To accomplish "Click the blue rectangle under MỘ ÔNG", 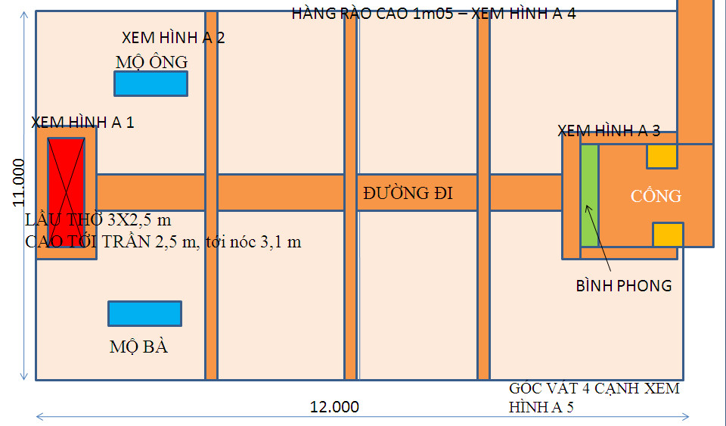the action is click(150, 83).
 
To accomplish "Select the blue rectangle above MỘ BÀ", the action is click(144, 313).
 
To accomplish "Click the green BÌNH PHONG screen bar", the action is click(589, 194).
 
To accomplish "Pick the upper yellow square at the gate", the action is click(661, 156).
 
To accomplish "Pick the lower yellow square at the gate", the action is click(668, 235).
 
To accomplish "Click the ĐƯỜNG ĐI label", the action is click(408, 193).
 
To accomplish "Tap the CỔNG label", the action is click(656, 196).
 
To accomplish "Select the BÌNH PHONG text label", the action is click(623, 286).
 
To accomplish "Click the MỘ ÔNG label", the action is click(151, 61).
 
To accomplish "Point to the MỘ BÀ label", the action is click(138, 347).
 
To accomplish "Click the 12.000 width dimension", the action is click(334, 407).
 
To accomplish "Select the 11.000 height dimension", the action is click(18, 182).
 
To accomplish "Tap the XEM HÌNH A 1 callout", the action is click(82, 122).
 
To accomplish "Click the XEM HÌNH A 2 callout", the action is click(173, 37).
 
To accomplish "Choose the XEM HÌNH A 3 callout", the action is click(608, 130).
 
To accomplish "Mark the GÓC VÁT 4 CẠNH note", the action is click(594, 397).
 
